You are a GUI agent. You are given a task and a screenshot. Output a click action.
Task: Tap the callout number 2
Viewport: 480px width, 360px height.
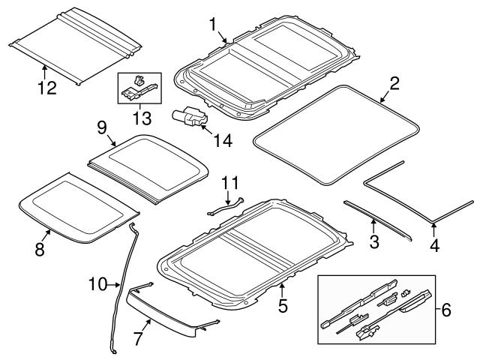tap(394, 83)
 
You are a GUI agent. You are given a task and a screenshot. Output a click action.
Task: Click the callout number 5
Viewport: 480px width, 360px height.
tap(283, 306)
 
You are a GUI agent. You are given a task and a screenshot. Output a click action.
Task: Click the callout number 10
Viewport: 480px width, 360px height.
tap(97, 284)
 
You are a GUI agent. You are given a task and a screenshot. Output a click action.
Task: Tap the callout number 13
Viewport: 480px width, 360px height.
tap(140, 118)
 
